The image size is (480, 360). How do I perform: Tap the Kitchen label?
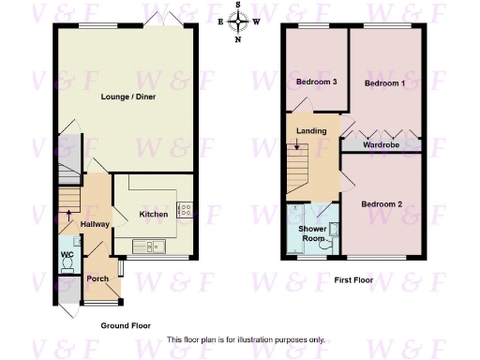[154, 215]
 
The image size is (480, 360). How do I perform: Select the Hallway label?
[96, 225]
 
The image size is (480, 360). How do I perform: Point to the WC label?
[67, 255]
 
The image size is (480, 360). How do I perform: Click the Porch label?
[97, 278]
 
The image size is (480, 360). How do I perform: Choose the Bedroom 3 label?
[316, 82]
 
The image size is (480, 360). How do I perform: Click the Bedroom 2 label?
[382, 203]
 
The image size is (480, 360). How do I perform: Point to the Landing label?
[311, 130]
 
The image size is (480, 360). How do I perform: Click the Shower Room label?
[311, 233]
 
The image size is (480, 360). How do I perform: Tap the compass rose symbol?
[238, 21]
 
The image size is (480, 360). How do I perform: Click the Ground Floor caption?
[127, 325]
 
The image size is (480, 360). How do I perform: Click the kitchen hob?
[186, 211]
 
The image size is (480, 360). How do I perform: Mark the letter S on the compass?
[238, 5]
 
